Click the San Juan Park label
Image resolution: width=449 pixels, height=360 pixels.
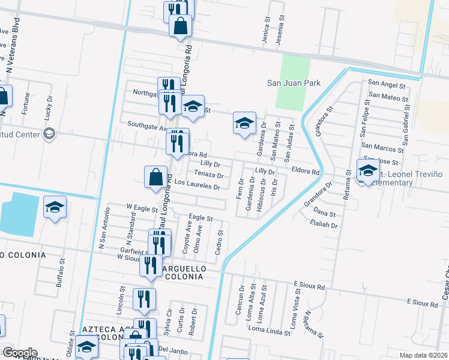[294, 83]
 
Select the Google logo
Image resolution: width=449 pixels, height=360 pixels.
[19, 352]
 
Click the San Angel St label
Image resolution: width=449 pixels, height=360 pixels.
[388, 83]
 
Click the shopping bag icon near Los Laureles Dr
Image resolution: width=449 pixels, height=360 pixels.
[155, 176]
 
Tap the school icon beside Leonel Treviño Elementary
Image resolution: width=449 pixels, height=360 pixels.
[367, 170]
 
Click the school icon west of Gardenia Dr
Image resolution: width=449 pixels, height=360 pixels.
[244, 123]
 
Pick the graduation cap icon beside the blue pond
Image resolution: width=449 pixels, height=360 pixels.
[55, 208]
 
